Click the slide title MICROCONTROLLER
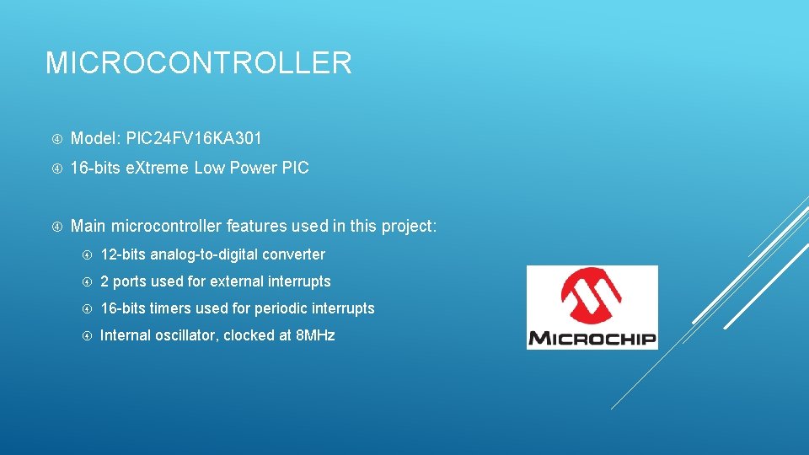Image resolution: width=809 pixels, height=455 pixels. (198, 63)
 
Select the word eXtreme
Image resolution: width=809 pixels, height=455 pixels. (158, 168)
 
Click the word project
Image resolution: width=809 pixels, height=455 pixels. (409, 226)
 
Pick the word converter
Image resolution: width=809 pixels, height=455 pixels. (294, 254)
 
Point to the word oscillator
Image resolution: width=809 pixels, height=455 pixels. (185, 335)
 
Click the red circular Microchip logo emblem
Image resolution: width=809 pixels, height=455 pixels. (592, 297)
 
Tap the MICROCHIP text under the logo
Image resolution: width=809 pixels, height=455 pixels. (592, 339)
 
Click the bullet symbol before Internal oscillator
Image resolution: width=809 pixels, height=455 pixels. (87, 336)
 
